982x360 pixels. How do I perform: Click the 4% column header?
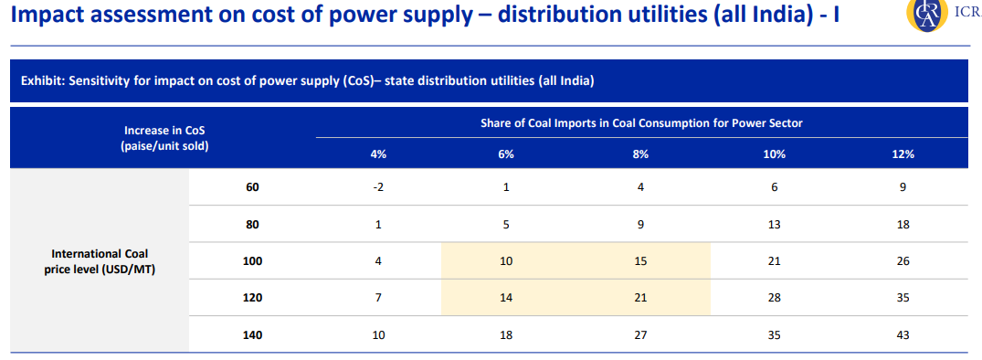tap(378, 154)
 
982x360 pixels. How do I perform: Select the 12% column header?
tap(903, 154)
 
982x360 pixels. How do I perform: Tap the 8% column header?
tap(640, 154)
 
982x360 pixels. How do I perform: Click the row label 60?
tap(252, 187)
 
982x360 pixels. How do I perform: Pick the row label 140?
tap(252, 335)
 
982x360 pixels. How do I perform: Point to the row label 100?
tap(252, 261)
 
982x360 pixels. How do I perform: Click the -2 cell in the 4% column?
tap(378, 187)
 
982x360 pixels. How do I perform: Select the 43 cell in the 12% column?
tap(903, 335)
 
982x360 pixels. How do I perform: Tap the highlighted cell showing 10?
tap(506, 261)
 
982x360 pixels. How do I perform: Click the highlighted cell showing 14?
tap(506, 298)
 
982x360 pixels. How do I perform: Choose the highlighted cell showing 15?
tap(640, 261)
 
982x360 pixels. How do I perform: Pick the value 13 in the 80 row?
tap(774, 224)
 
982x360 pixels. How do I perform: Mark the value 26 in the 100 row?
tap(903, 261)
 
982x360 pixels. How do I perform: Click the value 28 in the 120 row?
tap(774, 298)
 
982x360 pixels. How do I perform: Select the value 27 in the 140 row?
tap(640, 335)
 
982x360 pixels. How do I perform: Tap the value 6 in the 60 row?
tap(774, 187)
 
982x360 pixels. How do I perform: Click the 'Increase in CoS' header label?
tap(164, 131)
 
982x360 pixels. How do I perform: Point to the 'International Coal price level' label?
tap(100, 261)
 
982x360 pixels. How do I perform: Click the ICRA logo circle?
tap(925, 14)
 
